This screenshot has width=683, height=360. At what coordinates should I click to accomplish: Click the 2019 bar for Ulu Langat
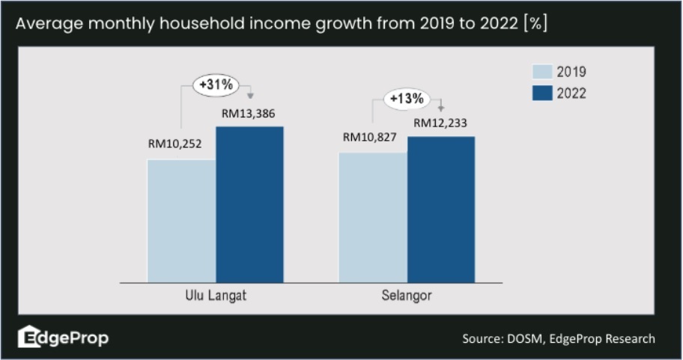[182, 221]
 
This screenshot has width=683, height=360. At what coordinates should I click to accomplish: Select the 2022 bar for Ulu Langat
[250, 204]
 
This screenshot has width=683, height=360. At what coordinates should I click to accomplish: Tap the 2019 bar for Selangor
[373, 217]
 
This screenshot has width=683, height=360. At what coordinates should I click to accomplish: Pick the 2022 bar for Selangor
[441, 209]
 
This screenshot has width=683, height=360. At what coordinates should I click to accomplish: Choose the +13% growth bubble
[405, 98]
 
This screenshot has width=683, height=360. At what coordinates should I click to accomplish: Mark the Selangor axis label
[407, 296]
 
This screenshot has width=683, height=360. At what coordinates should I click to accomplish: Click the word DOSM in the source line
[522, 339]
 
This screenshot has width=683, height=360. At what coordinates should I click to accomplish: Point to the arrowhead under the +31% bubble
[252, 96]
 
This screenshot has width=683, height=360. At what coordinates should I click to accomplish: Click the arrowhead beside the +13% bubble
[441, 109]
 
